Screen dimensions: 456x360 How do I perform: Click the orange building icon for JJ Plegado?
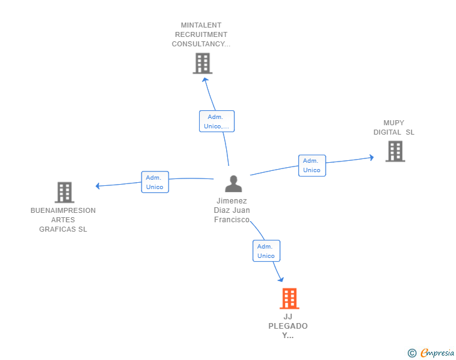point(289,299)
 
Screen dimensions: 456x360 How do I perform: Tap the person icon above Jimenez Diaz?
point(233,183)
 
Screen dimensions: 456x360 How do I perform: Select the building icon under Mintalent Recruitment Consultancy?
point(202,63)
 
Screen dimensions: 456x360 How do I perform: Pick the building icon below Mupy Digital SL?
point(395,152)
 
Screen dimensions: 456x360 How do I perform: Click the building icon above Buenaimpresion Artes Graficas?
point(65,192)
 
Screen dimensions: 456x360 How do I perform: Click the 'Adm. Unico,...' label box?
point(217,121)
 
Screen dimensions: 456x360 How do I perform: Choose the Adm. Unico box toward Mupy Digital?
point(312,165)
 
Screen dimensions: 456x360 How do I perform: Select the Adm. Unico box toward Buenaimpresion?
point(155,182)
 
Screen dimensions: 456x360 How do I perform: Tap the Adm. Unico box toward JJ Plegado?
point(266,250)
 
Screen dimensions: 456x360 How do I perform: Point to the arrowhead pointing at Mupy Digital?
point(371,158)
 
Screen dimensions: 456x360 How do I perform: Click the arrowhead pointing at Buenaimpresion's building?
point(98,186)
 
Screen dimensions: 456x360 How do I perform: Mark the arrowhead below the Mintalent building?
point(205,80)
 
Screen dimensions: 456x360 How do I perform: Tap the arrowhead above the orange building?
point(281,279)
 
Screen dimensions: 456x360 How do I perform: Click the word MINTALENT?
point(201,25)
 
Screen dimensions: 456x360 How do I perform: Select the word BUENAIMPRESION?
point(63,210)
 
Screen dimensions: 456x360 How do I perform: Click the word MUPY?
point(393,123)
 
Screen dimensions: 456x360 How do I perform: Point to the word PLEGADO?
point(288,326)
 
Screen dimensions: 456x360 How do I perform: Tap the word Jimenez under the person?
point(232,201)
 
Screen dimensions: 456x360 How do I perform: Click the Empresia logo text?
point(437,352)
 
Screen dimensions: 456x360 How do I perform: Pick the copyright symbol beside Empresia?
point(412,353)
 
